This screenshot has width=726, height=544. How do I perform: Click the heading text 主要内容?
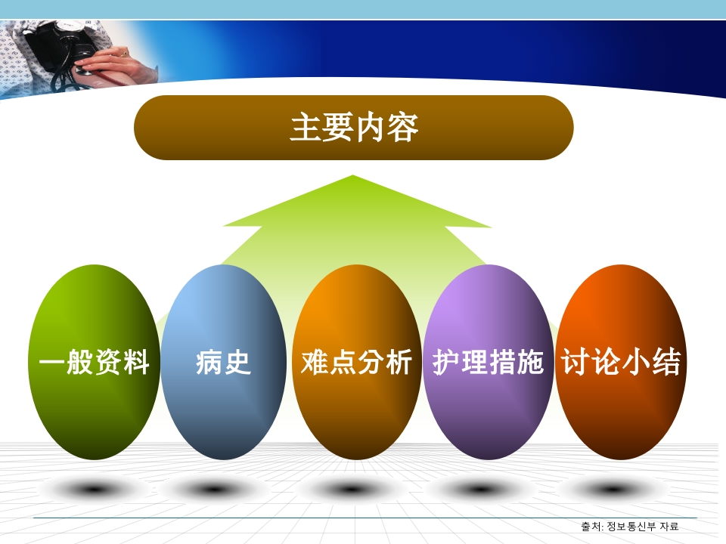pos(354,128)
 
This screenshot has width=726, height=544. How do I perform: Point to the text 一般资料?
pos(95,363)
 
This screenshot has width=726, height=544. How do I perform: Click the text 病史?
pos(223,363)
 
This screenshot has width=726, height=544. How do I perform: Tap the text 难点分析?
pos(356,363)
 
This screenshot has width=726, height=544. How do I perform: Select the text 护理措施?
pos(489,363)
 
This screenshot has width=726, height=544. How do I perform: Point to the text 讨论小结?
pos(620,363)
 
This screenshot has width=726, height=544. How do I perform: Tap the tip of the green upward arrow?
pos(353,178)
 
